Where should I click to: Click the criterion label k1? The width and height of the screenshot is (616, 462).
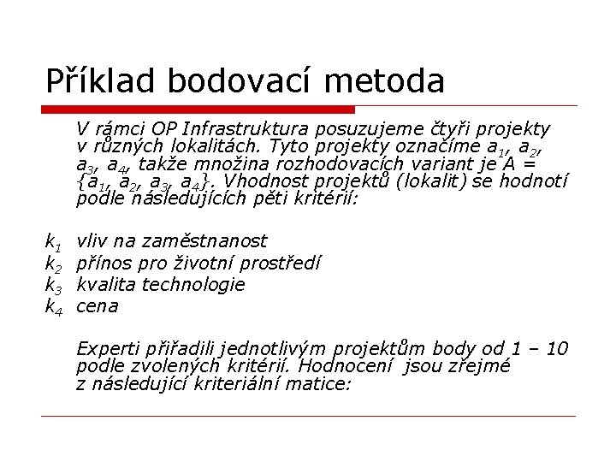click(52, 241)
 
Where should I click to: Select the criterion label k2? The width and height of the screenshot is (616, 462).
click(52, 264)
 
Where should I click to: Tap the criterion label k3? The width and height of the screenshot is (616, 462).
click(52, 285)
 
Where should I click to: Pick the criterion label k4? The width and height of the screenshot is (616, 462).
click(52, 306)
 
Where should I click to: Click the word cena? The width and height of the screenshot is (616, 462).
click(98, 306)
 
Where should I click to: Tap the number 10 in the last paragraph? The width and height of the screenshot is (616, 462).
click(555, 348)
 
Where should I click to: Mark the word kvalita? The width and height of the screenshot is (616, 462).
click(107, 284)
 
